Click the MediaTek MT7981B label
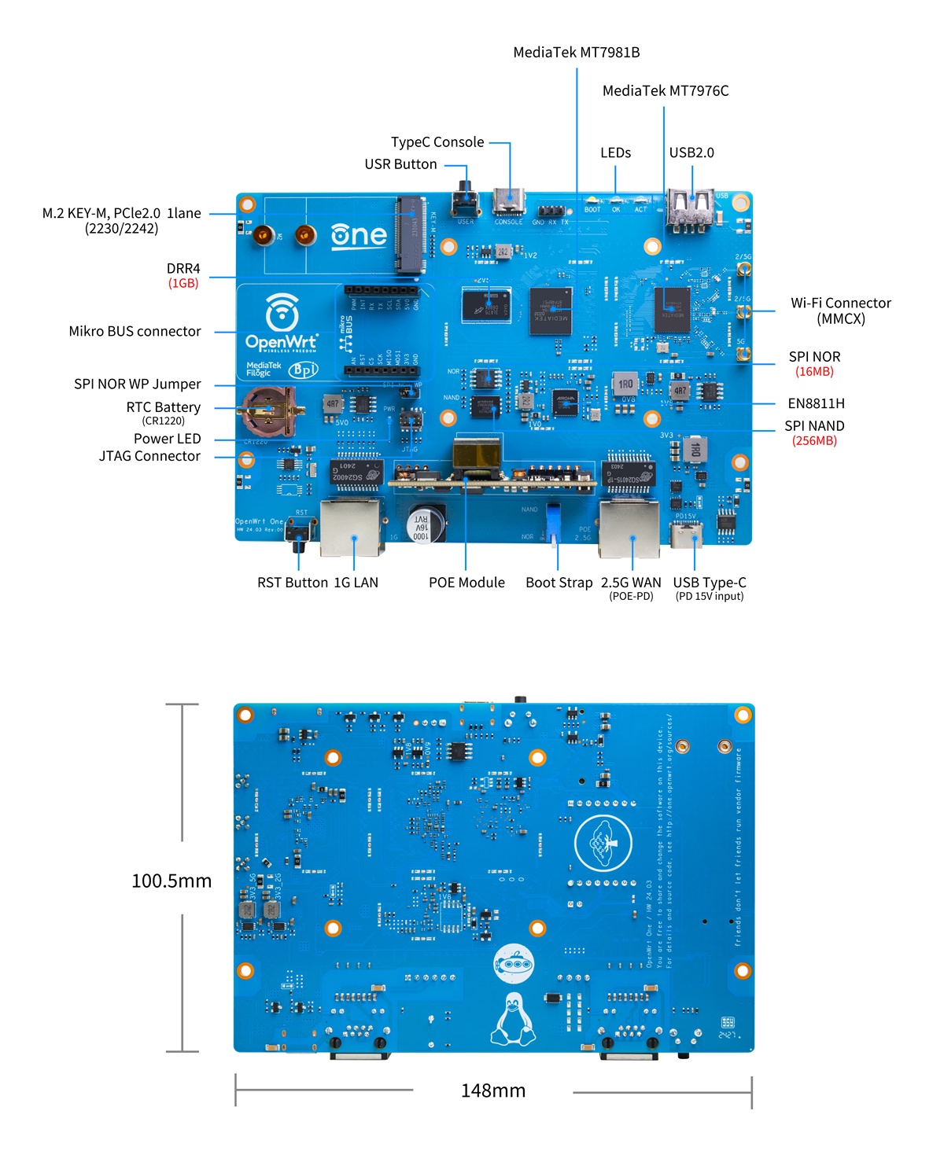point(576,53)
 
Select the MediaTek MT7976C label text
point(666,91)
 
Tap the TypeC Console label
point(437,142)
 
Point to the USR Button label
point(400,164)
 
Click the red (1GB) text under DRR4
point(183,283)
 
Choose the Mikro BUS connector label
point(135,332)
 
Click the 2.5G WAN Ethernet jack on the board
point(629,528)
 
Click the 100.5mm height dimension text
point(171,881)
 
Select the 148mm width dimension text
point(493,1091)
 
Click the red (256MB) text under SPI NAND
point(814,441)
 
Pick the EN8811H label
point(816,404)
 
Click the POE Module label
point(466,583)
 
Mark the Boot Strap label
point(559,583)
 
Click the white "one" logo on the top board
point(359,235)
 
